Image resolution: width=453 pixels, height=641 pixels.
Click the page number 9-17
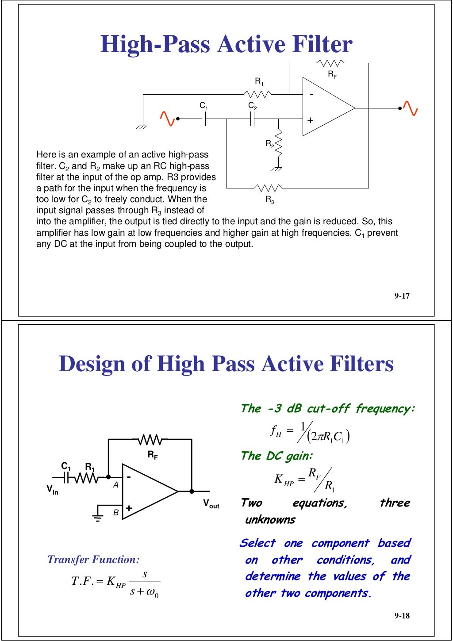(402, 296)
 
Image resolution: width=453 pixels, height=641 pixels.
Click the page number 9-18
(402, 616)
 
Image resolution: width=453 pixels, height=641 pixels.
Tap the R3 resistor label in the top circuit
(270, 200)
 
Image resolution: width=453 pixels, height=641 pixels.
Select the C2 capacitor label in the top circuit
(252, 106)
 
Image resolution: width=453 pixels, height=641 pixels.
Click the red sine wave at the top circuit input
(167, 119)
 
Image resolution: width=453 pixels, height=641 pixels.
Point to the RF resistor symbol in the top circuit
(330, 63)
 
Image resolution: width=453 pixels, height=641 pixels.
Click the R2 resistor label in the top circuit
(269, 144)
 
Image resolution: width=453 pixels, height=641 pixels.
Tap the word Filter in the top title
(322, 44)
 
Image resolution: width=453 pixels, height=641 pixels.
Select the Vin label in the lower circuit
(52, 489)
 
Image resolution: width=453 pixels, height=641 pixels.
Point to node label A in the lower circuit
(115, 485)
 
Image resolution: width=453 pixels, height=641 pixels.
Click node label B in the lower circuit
(115, 513)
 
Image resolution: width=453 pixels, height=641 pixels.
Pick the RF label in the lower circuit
(152, 455)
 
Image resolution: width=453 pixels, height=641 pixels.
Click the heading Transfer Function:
(93, 560)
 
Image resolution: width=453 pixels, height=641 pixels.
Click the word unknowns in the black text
(270, 520)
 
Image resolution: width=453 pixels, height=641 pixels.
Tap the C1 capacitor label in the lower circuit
(66, 466)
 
